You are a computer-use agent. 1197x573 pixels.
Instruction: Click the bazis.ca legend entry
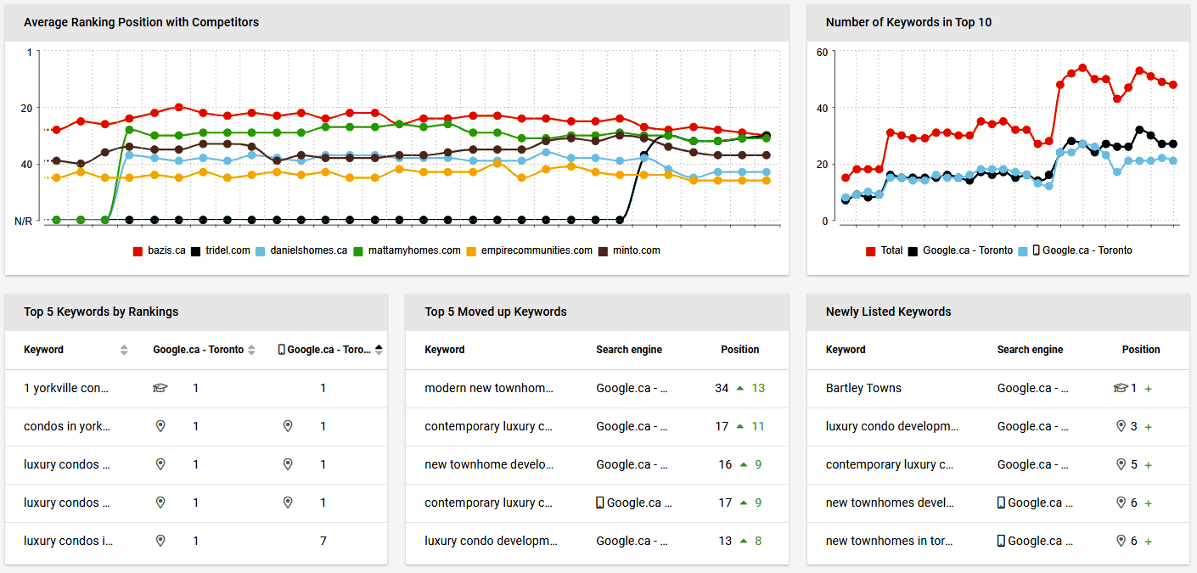tap(159, 250)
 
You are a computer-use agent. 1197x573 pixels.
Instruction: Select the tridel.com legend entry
tap(220, 250)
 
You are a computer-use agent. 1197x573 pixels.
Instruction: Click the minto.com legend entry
tap(629, 250)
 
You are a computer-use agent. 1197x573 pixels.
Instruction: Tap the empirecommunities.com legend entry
tap(529, 250)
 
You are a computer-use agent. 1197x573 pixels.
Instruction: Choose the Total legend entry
tap(885, 250)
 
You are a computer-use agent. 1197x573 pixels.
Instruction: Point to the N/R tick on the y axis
tap(23, 221)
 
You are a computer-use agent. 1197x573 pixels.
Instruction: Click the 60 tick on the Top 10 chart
tap(822, 52)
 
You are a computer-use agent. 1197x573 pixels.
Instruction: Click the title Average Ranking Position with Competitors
tap(141, 22)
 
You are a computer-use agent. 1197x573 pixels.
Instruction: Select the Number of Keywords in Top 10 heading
tap(908, 22)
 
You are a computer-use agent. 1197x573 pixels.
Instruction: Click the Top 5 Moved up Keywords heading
tap(496, 312)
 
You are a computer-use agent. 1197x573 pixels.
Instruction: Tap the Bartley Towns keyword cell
tap(863, 388)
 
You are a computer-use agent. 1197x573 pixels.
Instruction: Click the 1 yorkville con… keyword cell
tap(66, 388)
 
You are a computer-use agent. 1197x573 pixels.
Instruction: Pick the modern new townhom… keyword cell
tap(489, 388)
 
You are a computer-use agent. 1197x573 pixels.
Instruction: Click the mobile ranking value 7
tap(323, 541)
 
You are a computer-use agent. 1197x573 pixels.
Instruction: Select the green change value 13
tap(758, 388)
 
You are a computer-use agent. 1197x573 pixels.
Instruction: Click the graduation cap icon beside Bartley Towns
tap(1120, 388)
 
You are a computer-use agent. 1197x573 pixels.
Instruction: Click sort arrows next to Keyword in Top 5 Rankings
tap(124, 350)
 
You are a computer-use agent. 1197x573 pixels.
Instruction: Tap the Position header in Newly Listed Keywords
tap(1141, 349)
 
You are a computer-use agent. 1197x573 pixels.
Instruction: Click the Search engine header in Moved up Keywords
tap(629, 349)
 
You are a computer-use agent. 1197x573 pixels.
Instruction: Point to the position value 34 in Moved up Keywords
tap(722, 388)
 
